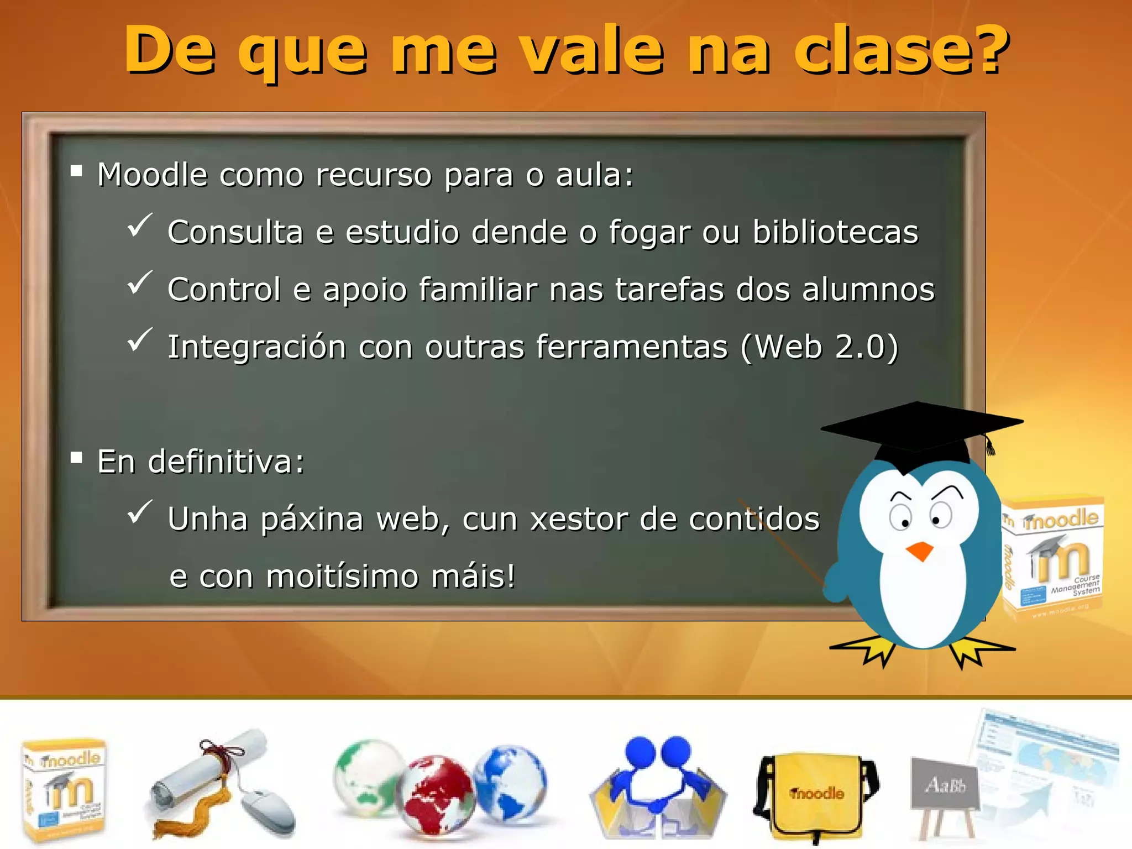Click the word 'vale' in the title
(x=592, y=51)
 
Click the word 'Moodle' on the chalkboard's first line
(x=153, y=175)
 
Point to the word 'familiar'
(x=478, y=290)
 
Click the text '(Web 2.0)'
(x=820, y=347)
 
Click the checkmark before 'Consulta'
(x=139, y=225)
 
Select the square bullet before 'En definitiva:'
(x=77, y=458)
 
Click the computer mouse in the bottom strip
(x=269, y=810)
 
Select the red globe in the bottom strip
(x=437, y=795)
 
